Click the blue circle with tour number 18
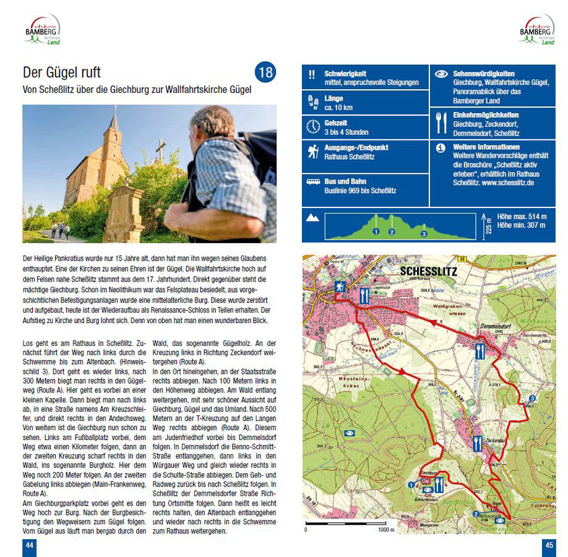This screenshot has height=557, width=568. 265,72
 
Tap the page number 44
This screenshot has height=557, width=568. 29,545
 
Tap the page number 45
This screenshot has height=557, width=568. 548,545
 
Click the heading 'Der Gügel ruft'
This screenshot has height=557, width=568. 61,72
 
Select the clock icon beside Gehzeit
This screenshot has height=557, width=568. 312,127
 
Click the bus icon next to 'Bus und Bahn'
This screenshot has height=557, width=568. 312,183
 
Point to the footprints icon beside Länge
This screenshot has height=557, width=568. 312,102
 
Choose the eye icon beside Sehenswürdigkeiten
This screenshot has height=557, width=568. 441,74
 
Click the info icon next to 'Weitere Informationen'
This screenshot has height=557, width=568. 441,148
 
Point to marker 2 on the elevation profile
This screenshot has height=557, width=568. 391,232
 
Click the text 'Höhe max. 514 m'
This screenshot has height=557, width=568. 522,217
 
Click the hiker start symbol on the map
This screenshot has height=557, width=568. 340,287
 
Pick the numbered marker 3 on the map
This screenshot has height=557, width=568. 532,399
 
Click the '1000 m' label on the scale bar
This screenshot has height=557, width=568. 385,530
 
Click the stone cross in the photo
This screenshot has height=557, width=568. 161,150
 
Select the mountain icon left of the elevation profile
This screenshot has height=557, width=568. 313,218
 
